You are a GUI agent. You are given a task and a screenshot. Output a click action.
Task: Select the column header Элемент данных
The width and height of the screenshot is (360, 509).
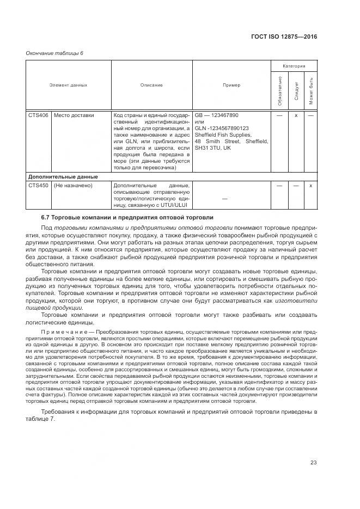(68, 85)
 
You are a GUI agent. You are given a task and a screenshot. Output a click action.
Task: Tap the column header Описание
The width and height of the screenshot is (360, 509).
(151, 85)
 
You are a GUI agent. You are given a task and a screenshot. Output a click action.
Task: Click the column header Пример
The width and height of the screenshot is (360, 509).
(231, 85)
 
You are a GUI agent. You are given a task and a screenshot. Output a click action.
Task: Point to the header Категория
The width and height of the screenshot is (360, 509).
(294, 66)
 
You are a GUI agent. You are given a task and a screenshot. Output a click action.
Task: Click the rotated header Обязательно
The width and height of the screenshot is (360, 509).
(279, 90)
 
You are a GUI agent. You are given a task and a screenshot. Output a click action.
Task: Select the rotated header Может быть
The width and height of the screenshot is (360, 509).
(310, 90)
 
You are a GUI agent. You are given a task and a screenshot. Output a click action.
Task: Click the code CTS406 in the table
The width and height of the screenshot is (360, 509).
(38, 115)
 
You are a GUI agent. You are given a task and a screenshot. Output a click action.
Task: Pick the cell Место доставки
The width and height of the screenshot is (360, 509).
(74, 115)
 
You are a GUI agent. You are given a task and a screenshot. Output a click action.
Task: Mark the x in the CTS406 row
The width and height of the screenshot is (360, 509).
(296, 115)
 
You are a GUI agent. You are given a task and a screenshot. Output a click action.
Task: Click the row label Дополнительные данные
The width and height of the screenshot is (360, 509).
(63, 176)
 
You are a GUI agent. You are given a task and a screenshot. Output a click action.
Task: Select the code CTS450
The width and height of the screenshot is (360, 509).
(38, 185)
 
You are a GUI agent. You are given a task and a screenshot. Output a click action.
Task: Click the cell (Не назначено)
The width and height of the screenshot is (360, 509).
(73, 185)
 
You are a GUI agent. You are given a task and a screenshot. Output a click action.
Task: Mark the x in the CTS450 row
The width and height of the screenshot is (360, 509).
(310, 185)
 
